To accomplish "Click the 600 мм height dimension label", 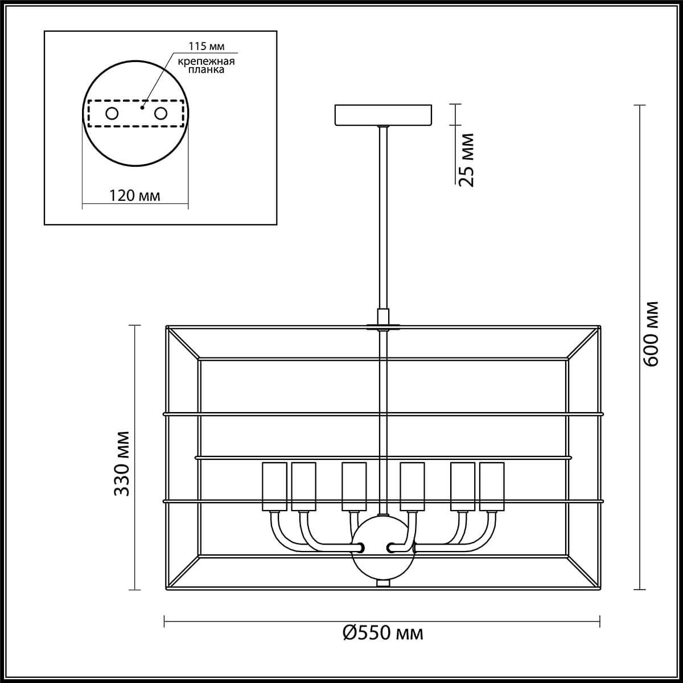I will pyautogui.click(x=651, y=333).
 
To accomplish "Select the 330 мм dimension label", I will pyautogui.click(x=121, y=463).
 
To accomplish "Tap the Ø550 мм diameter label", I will pyautogui.click(x=383, y=632).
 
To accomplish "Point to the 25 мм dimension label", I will pyautogui.click(x=466, y=160).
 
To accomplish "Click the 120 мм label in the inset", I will pyautogui.click(x=135, y=196).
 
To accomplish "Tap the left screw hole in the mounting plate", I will pyautogui.click(x=112, y=113).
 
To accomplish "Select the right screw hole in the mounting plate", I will pyautogui.click(x=161, y=113).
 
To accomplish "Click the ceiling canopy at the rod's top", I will pyautogui.click(x=383, y=114).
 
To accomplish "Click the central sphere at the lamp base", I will pyautogui.click(x=383, y=546).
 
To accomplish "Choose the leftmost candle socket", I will pyautogui.click(x=274, y=487).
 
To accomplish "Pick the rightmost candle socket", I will pyautogui.click(x=492, y=487).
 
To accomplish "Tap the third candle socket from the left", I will pyautogui.click(x=353, y=487).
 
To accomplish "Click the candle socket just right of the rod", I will pyautogui.click(x=412, y=487).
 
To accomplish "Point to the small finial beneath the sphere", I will pyautogui.click(x=383, y=583).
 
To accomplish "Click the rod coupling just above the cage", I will pyautogui.click(x=383, y=316).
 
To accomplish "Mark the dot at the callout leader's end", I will pyautogui.click(x=143, y=106).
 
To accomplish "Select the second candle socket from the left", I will pyautogui.click(x=303, y=487).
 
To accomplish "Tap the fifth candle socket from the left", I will pyautogui.click(x=463, y=487).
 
